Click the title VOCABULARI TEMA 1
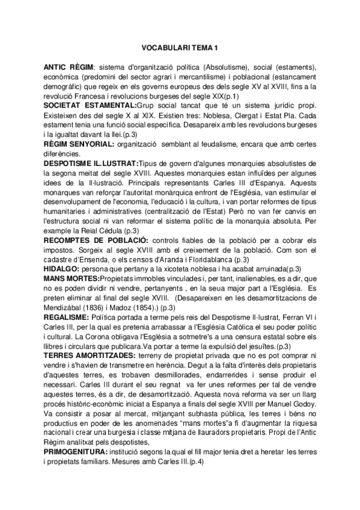tap(180, 46)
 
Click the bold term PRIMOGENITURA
tap(75, 452)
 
